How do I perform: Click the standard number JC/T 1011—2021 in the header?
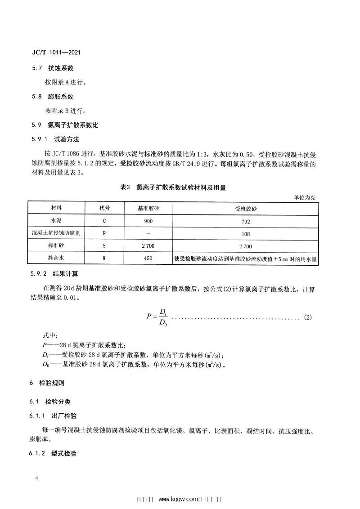pyautogui.click(x=56, y=52)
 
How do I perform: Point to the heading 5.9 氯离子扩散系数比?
pyautogui.click(x=65, y=125)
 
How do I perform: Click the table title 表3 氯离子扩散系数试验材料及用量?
pyautogui.click(x=173, y=188)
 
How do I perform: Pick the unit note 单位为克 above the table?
pyautogui.click(x=306, y=197)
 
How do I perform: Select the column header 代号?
pyautogui.click(x=104, y=209)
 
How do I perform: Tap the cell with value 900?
pyautogui.click(x=148, y=221)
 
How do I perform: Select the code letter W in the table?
pyautogui.click(x=104, y=258)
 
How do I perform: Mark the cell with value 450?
pyautogui.click(x=148, y=258)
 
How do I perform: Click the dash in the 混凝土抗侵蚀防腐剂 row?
pyautogui.click(x=148, y=234)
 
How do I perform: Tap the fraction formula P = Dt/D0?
pyautogui.click(x=157, y=317)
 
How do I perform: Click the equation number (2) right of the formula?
pyautogui.click(x=308, y=317)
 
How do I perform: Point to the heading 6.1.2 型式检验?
pyautogui.click(x=54, y=454)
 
